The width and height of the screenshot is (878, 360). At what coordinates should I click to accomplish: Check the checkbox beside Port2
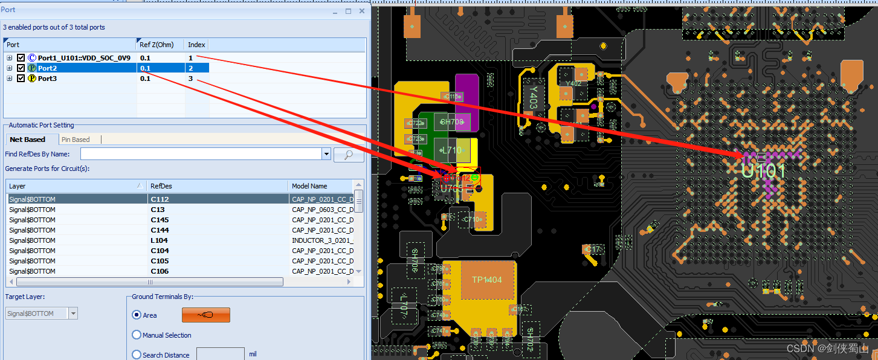(x=21, y=68)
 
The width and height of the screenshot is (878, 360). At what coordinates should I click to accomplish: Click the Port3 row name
(x=47, y=79)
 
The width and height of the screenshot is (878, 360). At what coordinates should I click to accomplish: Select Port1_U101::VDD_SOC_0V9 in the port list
(x=83, y=58)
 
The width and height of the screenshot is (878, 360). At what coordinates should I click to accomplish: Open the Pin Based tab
(x=76, y=140)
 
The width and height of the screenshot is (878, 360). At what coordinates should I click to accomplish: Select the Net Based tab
(x=28, y=140)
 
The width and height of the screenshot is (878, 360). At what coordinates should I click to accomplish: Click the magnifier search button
(x=349, y=155)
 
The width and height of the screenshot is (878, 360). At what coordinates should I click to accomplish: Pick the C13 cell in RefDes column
(x=158, y=210)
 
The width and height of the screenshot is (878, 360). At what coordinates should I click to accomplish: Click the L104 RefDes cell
(x=160, y=240)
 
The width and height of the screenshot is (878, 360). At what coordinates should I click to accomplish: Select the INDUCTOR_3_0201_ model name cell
(x=322, y=240)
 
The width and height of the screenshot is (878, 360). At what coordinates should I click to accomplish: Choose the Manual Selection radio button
(x=137, y=335)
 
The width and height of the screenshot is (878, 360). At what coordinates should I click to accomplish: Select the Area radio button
(x=137, y=315)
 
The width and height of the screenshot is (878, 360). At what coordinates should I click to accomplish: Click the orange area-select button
(x=206, y=315)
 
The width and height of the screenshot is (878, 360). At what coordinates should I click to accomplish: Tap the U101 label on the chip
(x=764, y=170)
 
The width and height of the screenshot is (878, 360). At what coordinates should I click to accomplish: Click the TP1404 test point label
(x=486, y=280)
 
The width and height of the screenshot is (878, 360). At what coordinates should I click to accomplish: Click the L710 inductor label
(x=451, y=150)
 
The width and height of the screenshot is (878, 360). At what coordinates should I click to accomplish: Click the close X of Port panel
(x=362, y=11)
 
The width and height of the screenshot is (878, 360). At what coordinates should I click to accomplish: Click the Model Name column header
(x=309, y=186)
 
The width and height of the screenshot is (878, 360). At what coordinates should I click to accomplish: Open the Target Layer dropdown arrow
(x=73, y=313)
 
